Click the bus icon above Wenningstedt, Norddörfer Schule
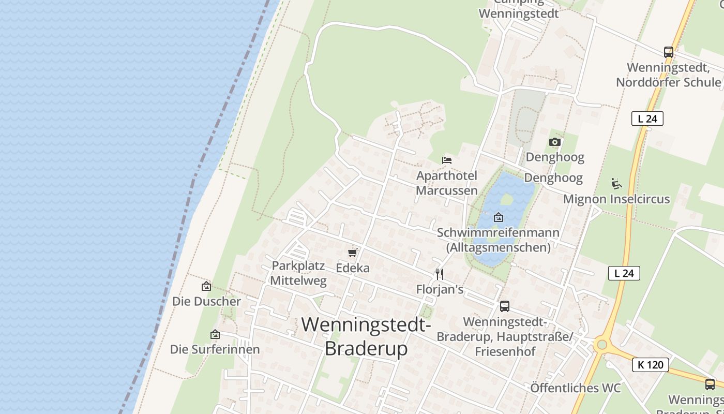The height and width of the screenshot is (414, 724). (669, 52)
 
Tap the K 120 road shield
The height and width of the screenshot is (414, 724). (651, 365)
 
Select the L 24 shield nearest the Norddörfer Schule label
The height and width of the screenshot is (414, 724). (647, 119)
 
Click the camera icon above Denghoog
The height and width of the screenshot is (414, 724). (555, 142)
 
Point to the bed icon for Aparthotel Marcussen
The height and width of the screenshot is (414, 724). (447, 160)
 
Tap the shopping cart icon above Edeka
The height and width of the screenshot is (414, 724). (353, 253)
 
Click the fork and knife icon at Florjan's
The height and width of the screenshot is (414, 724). (440, 274)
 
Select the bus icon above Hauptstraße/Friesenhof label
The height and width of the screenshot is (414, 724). (505, 306)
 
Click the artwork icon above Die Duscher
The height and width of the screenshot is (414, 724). (206, 286)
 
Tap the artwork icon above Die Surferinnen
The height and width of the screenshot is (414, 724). (215, 334)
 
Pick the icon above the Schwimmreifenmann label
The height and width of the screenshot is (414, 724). (499, 217)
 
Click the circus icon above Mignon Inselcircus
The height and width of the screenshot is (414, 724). (616, 184)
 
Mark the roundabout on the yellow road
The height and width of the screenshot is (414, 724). (601, 344)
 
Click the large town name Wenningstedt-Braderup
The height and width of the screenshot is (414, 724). (366, 336)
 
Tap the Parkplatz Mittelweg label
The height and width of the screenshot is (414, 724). (299, 273)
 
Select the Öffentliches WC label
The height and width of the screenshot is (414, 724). (576, 388)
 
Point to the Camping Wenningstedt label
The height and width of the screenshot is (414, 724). (519, 10)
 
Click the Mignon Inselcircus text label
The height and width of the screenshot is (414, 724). (616, 199)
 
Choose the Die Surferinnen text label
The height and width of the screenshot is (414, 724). (215, 349)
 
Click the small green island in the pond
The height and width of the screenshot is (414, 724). (507, 199)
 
